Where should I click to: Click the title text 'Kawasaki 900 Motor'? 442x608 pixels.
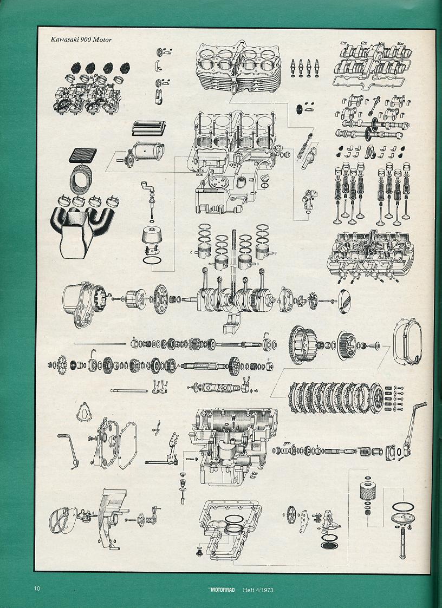81,40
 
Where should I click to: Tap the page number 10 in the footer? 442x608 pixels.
37,589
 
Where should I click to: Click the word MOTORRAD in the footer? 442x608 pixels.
223,590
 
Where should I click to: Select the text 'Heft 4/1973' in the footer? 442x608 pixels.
258,590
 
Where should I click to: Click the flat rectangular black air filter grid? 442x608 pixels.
83,155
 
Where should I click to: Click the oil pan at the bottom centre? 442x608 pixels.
229,529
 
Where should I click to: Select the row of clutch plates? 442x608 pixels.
336,397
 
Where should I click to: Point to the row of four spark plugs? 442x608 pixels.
304,68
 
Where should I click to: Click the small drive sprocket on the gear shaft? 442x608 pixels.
61,365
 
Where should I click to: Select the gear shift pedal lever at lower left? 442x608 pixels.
68,450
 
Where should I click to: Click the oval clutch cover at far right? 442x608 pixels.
407,342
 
